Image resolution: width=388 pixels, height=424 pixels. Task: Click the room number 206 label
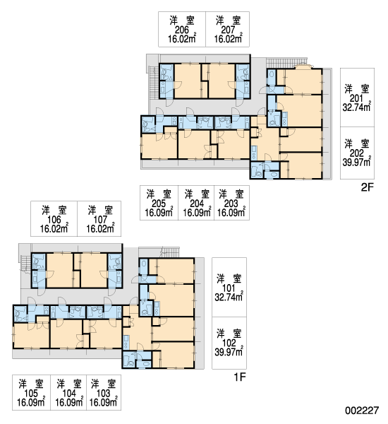click(x=182, y=30)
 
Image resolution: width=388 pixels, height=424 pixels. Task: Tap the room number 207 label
click(x=228, y=30)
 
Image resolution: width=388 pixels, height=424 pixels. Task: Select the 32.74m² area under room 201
click(x=356, y=107)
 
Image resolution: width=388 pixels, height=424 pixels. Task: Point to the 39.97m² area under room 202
click(x=356, y=163)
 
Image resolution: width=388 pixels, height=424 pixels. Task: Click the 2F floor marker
click(x=368, y=187)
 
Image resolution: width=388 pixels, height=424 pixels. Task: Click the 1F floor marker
click(x=239, y=377)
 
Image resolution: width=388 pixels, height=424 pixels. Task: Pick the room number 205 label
click(x=159, y=204)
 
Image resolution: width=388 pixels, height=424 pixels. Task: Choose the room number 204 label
click(x=197, y=204)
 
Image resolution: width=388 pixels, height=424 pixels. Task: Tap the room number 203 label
click(x=231, y=204)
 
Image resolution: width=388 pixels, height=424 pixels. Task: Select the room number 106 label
click(x=54, y=220)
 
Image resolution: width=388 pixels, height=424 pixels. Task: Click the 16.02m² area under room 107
click(x=100, y=229)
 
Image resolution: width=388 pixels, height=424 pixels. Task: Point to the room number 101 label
click(x=229, y=288)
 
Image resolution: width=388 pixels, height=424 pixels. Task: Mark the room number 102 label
click(x=229, y=343)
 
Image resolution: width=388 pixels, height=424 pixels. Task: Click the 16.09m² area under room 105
click(x=31, y=402)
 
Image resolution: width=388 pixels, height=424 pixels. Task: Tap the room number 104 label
click(x=69, y=393)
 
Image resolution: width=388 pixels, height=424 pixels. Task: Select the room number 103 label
click(x=104, y=393)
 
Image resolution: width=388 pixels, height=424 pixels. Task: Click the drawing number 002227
click(x=362, y=411)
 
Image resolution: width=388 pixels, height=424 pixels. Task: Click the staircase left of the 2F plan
click(x=152, y=83)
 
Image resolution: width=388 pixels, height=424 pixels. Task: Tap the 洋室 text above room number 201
click(x=356, y=89)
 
